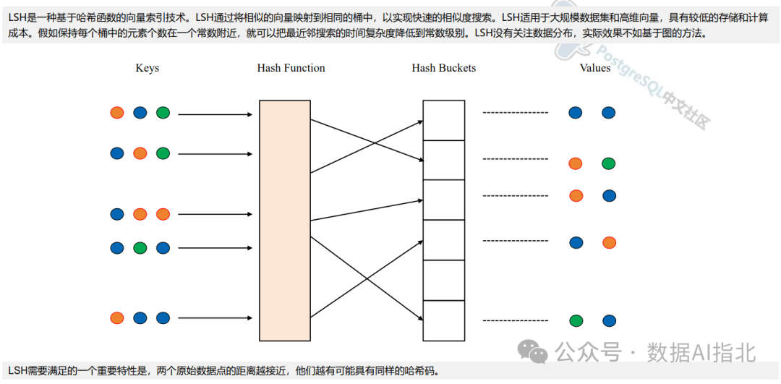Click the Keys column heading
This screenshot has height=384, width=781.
click(147, 68)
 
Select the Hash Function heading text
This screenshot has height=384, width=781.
click(291, 68)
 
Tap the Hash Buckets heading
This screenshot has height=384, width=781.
click(443, 68)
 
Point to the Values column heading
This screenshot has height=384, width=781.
click(594, 68)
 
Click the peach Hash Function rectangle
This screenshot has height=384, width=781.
click(284, 220)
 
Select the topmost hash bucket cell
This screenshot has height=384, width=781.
click(443, 120)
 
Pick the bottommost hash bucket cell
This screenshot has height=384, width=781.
click(443, 320)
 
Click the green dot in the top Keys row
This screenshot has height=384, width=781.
click(163, 113)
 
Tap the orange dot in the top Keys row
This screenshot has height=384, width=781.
click(117, 113)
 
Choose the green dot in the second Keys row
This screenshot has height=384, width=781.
click(163, 153)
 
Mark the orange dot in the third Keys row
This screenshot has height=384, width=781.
click(140, 214)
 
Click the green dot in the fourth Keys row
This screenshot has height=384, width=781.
click(140, 248)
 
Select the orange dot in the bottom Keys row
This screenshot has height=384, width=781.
click(117, 317)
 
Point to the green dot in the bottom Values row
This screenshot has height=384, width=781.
click(576, 321)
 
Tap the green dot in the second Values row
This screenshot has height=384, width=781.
click(609, 163)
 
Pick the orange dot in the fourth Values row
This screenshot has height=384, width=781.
click(609, 243)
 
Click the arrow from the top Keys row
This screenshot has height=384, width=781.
click(215, 114)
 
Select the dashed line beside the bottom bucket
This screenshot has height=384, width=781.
click(515, 320)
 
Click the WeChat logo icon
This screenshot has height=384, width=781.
click(537, 352)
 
